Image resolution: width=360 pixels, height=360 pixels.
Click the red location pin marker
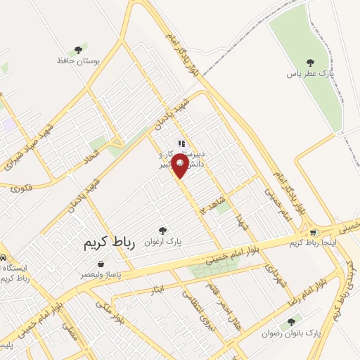coord(180,165)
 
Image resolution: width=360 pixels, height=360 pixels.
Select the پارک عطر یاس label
coord(310,73)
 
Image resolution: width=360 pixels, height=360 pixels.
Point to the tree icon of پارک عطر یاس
coord(310,63)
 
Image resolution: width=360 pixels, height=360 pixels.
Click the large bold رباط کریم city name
coord(108,243)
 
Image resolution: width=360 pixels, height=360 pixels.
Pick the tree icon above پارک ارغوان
coord(163,230)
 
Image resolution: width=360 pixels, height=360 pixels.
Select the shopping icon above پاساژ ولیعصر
coord(102,263)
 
